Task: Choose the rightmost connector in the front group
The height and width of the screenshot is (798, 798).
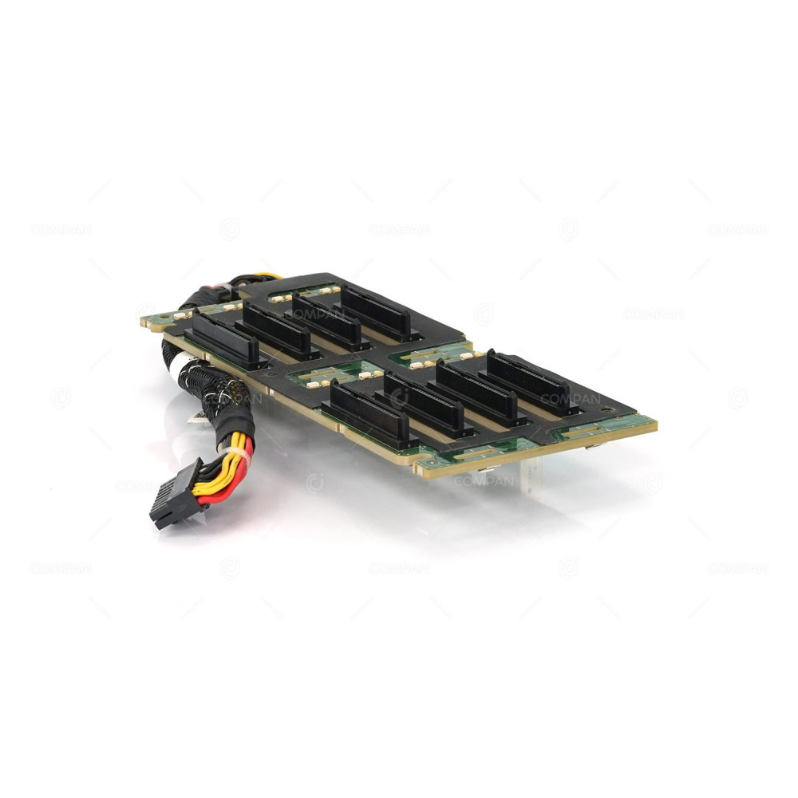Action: (x=533, y=383)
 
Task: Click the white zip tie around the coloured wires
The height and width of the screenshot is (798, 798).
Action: (x=239, y=457)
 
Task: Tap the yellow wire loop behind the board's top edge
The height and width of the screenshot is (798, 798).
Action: (x=263, y=277)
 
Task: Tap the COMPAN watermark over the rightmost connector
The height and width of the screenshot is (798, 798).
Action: (x=571, y=398)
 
